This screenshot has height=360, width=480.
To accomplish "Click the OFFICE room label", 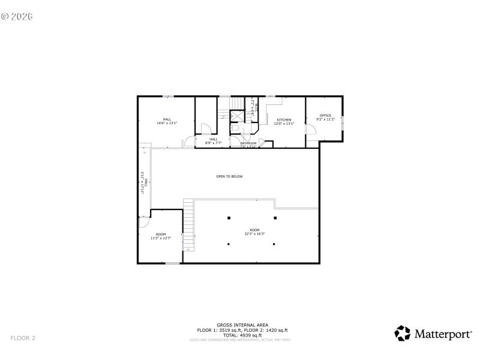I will [325, 115].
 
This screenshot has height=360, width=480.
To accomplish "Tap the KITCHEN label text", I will [284, 119].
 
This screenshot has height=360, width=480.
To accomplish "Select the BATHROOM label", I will [248, 143].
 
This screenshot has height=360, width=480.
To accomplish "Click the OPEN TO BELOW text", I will [229, 176].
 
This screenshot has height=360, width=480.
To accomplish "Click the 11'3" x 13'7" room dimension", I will [161, 238].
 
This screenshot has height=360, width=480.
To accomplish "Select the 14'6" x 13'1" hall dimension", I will [167, 123].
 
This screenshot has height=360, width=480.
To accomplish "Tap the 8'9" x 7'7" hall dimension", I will [214, 143].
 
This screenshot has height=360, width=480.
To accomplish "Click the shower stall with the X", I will [237, 116].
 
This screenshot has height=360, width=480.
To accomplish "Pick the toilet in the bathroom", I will [236, 128].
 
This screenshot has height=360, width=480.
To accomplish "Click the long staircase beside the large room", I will [189, 225].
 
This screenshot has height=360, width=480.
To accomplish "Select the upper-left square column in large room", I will [228, 218].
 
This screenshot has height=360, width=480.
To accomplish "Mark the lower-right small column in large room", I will [274, 244].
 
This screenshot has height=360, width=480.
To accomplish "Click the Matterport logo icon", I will [402, 334].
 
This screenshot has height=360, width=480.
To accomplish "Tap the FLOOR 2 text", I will [23, 338].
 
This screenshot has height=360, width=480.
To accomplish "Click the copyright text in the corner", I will [17, 16].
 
